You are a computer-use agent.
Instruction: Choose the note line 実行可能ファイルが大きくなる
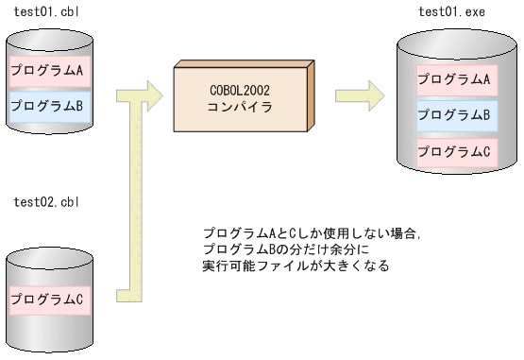pyautogui.click(x=296, y=266)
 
